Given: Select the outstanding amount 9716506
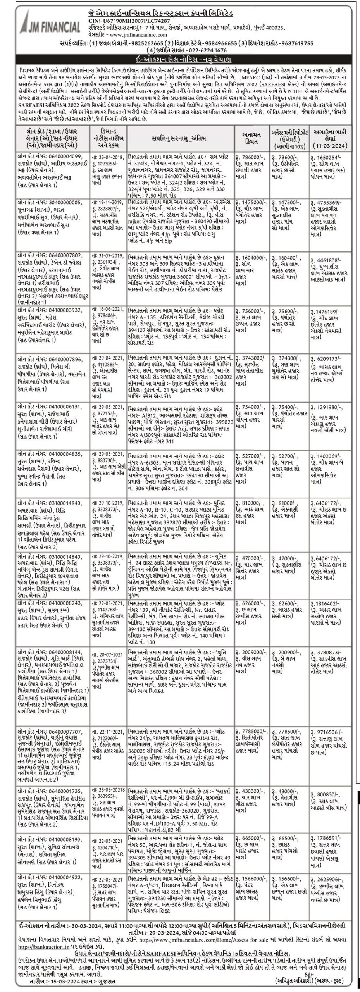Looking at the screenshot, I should [326, 718].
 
